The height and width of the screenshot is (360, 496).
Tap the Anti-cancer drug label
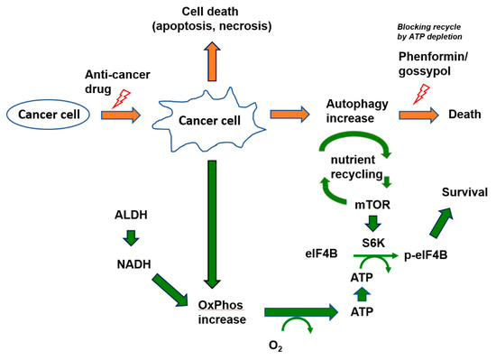111,83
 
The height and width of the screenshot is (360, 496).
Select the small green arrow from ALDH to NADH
132,238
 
